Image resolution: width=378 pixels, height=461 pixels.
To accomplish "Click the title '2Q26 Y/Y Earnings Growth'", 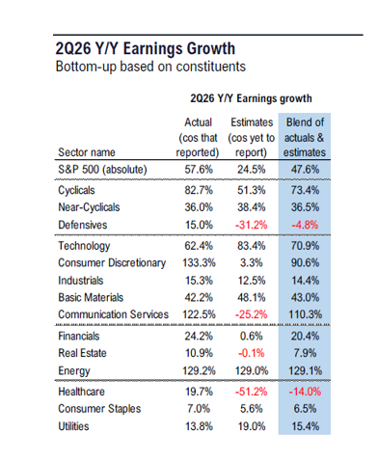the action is click(146, 48).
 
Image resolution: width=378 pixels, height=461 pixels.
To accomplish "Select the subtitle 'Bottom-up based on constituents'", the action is click(150, 67).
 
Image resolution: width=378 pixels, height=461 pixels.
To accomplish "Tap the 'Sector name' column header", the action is click(87, 152).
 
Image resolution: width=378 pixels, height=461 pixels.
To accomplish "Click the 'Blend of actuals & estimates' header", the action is click(305, 137).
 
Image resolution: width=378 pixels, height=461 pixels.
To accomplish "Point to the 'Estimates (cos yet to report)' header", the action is click(252, 137).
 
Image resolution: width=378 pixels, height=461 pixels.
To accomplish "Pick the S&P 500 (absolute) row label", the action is click(102, 170).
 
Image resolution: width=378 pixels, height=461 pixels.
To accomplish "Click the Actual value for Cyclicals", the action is click(199, 190).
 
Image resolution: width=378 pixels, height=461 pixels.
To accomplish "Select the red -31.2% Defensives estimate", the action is click(251, 225).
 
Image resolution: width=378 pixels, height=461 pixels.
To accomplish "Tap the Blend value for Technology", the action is click(305, 246).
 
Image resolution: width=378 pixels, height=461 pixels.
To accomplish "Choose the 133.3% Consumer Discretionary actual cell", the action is click(199, 263).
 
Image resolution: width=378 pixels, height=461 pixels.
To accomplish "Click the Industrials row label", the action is click(81, 281).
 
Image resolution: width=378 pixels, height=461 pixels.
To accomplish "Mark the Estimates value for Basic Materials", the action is click(252, 297).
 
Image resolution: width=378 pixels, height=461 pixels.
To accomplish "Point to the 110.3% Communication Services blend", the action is click(305, 314).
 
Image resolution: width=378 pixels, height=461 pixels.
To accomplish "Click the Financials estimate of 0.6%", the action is click(252, 336).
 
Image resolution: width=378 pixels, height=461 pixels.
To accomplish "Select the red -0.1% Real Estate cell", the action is click(252, 353).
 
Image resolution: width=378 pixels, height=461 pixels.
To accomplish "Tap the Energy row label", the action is click(74, 370).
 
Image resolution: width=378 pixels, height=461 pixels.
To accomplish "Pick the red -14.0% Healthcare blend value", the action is click(305, 392).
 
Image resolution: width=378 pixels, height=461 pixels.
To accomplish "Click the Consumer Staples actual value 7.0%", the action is click(199, 409).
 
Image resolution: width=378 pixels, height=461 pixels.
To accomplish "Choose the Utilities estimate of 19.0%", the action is click(252, 426).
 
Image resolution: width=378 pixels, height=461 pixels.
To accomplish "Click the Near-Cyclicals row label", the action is click(89, 207).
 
